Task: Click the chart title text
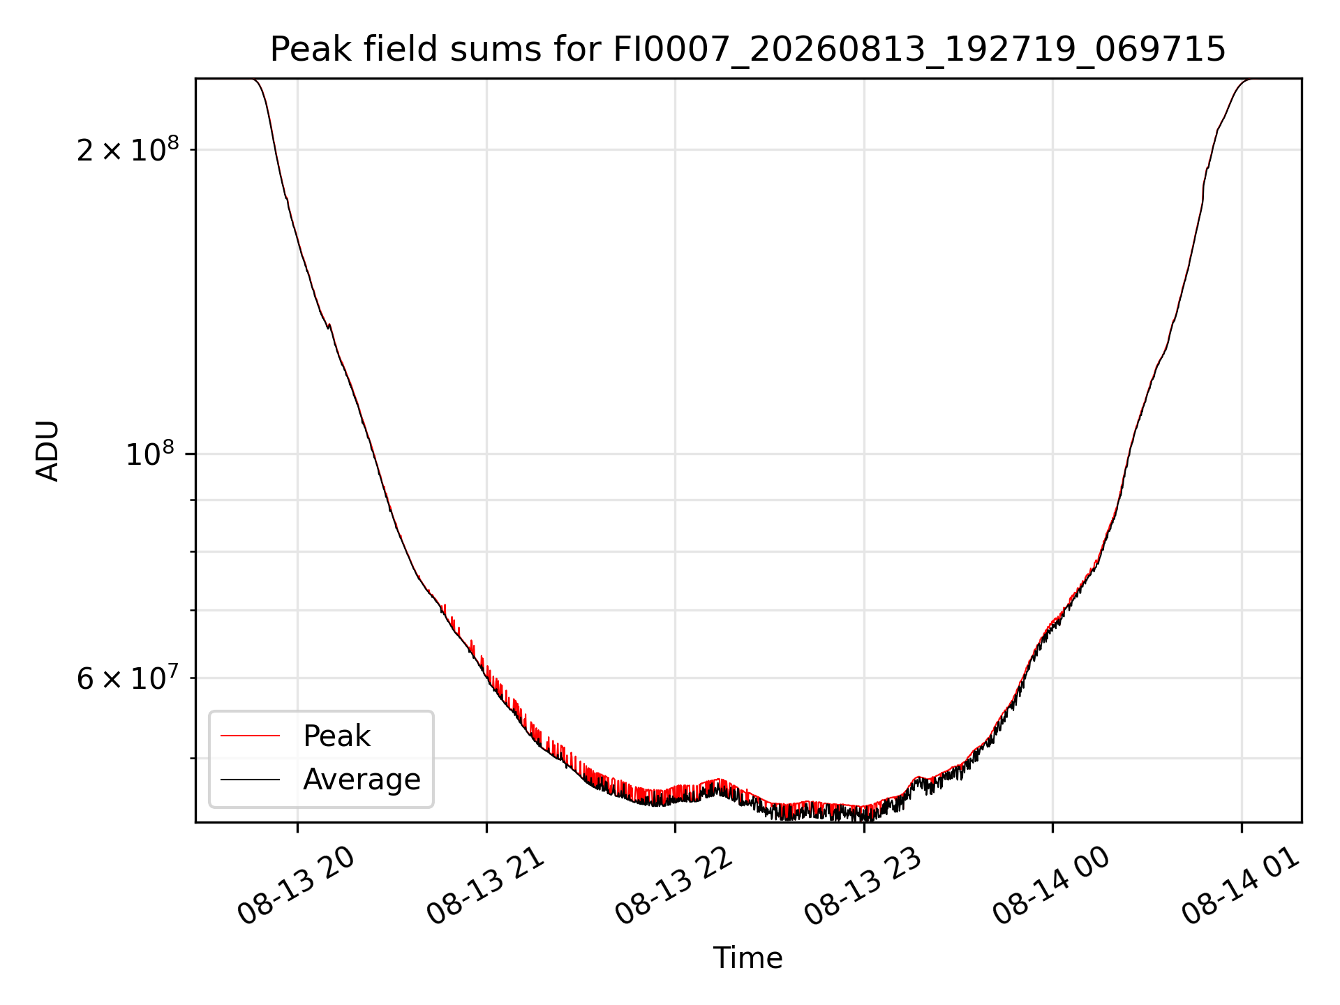click(x=747, y=49)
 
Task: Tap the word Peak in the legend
click(x=336, y=736)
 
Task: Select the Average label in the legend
click(x=362, y=780)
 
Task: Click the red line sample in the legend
click(x=251, y=736)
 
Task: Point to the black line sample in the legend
click(x=251, y=780)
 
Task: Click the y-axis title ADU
click(x=47, y=450)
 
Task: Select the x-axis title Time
click(x=747, y=958)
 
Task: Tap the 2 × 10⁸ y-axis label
click(x=128, y=149)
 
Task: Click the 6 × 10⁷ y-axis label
click(x=128, y=678)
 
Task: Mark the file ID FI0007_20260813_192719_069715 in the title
click(x=919, y=50)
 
